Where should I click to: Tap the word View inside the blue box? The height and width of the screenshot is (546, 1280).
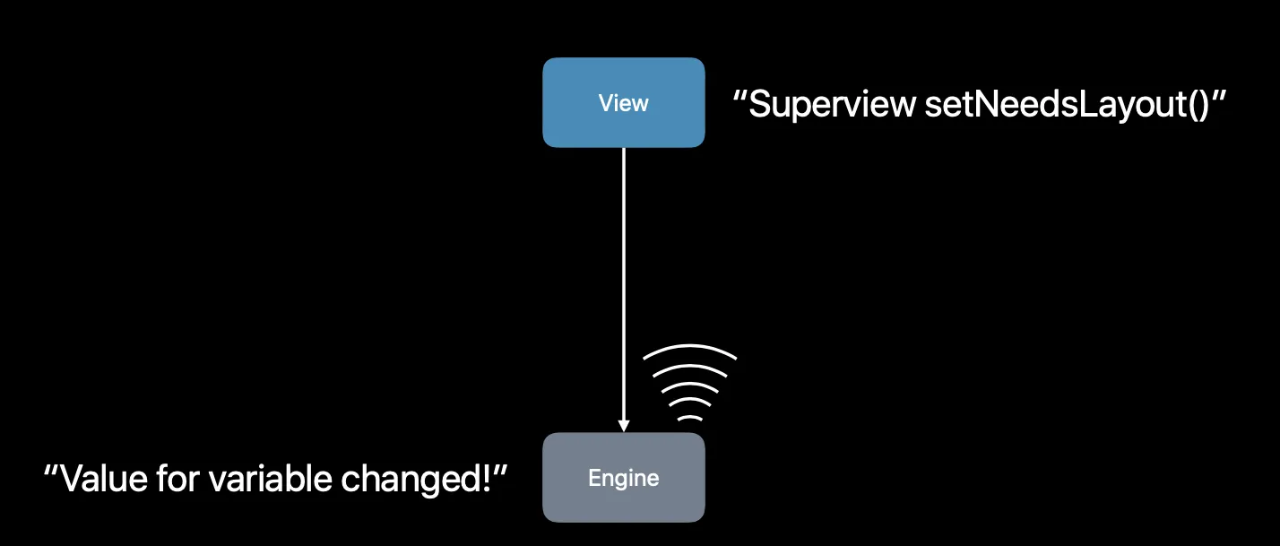click(x=623, y=103)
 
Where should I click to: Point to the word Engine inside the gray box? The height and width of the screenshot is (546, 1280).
click(x=623, y=478)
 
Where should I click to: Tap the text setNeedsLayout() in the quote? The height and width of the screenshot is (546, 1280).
click(x=1062, y=105)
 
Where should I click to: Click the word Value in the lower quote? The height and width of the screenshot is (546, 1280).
click(x=100, y=480)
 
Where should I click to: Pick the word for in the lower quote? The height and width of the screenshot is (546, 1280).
click(x=175, y=480)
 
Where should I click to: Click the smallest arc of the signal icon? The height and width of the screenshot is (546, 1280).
click(x=689, y=417)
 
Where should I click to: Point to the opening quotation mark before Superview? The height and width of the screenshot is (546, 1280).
click(x=740, y=94)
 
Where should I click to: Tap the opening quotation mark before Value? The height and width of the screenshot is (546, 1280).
click(x=51, y=469)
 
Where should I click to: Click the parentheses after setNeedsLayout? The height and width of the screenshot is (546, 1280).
click(x=1197, y=106)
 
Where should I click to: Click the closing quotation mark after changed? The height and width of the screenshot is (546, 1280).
click(x=503, y=469)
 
